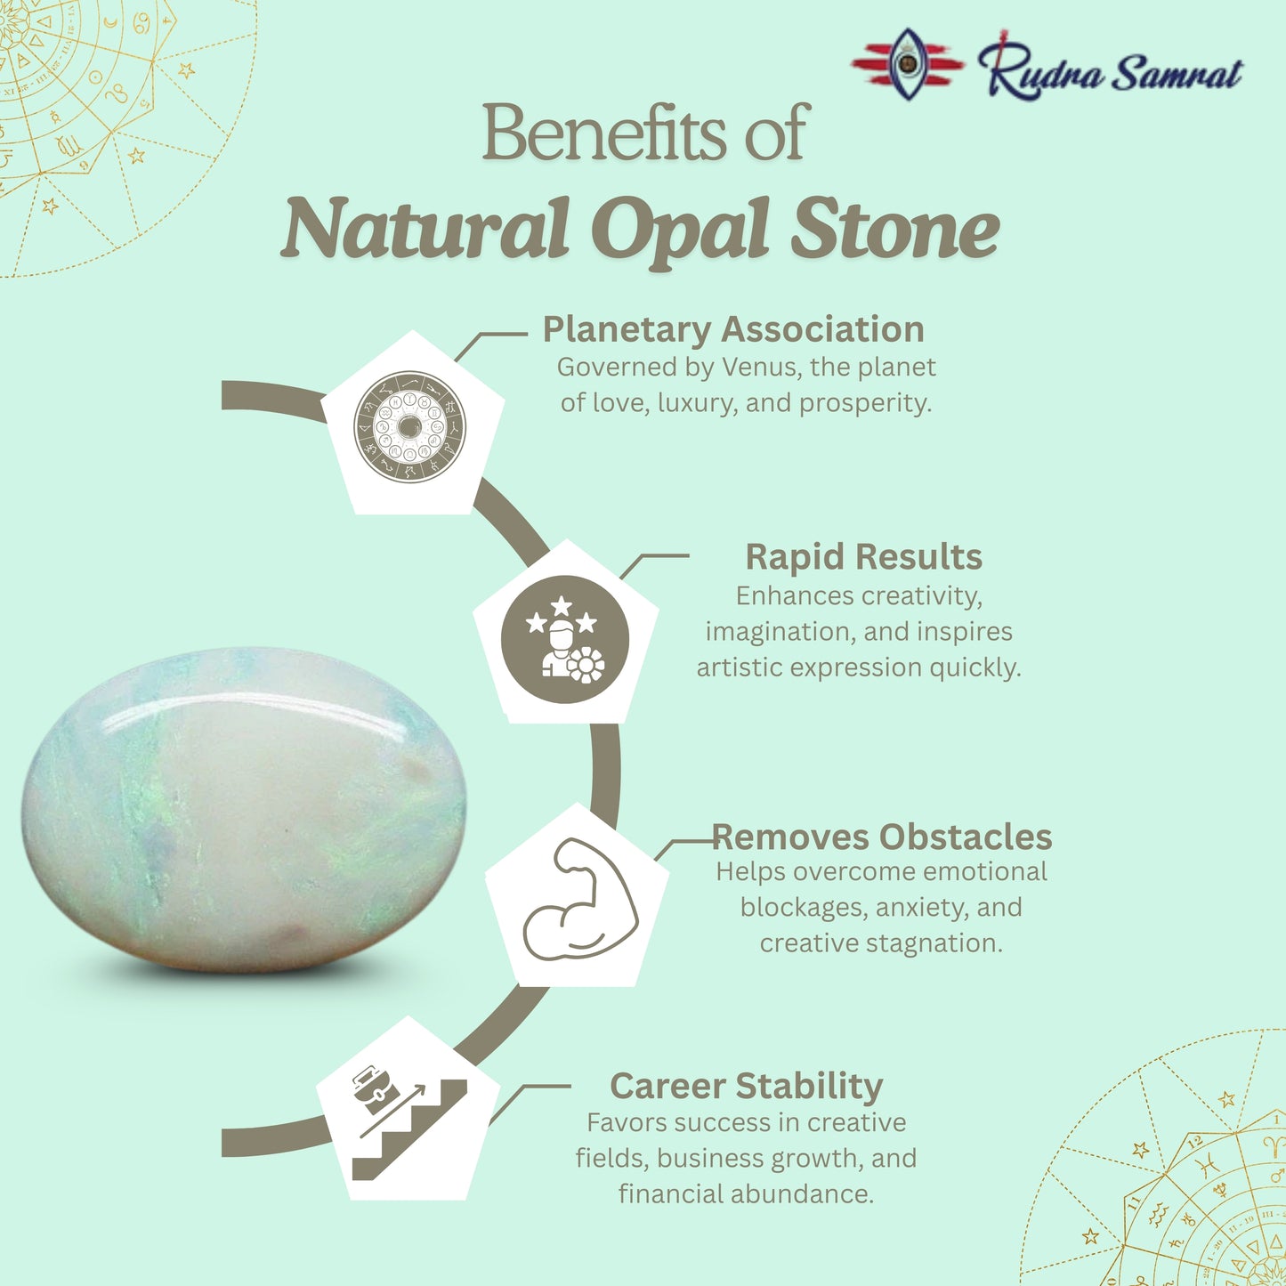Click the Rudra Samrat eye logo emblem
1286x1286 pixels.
pyautogui.click(x=907, y=64)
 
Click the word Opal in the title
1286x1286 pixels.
pyautogui.click(x=680, y=230)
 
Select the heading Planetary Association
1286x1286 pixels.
pyautogui.click(x=733, y=329)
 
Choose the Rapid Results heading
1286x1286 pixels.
pyautogui.click(x=863, y=557)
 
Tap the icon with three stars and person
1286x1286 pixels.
pyautogui.click(x=565, y=639)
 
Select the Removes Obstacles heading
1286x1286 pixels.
pyautogui.click(x=882, y=837)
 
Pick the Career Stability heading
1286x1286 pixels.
pyautogui.click(x=746, y=1086)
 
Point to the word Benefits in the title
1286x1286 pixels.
pyautogui.click(x=604, y=133)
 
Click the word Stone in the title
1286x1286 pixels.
pyautogui.click(x=894, y=230)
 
